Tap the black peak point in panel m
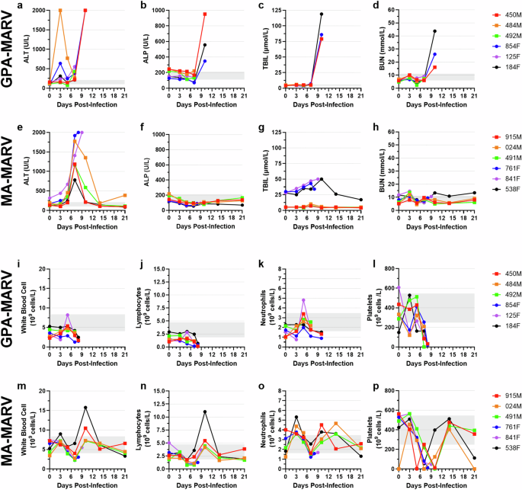click(x=86, y=407)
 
